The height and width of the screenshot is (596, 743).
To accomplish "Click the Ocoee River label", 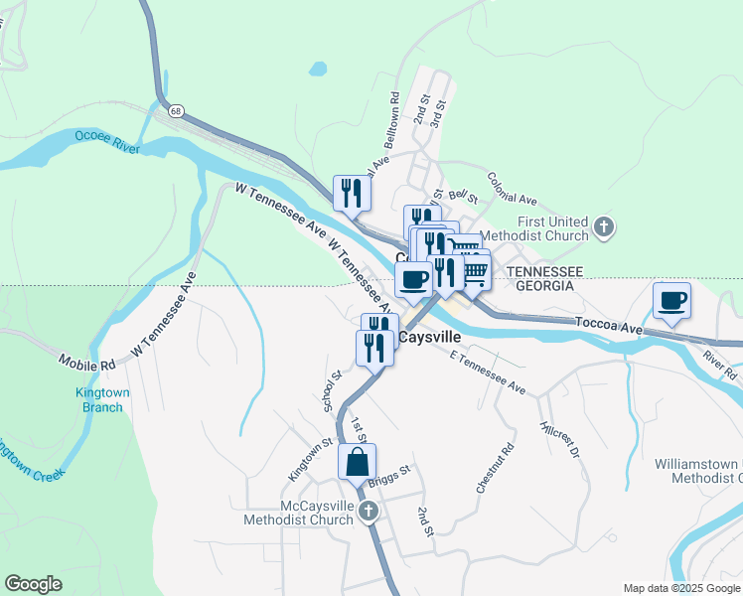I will point(106,141).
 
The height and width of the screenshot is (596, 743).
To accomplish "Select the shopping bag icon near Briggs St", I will point(358,462).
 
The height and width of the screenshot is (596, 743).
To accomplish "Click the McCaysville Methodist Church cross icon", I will point(368,512).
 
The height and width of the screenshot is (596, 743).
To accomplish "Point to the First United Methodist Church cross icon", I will point(603,229).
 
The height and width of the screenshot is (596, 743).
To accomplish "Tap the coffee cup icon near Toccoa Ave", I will point(672,300).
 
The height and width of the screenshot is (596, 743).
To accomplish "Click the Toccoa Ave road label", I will point(608,323).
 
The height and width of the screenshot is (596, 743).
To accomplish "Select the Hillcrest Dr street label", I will point(559,437).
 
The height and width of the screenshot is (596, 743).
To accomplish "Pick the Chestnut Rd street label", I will point(496,468).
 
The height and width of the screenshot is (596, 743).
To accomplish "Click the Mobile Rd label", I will point(87,364).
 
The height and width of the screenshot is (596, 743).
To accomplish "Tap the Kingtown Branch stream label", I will point(103,399).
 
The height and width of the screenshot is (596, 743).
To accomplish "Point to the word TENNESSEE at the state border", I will point(542,271).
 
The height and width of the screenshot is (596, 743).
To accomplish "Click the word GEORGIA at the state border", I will point(542,285).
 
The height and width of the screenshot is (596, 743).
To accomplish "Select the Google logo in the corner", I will point(33,584).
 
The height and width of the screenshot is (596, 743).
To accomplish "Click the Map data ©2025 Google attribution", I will point(680,588).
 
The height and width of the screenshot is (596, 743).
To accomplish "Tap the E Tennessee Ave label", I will point(487,372).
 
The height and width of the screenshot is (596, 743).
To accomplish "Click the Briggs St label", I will point(388,477).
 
